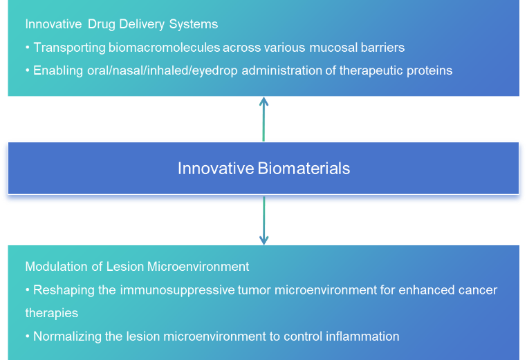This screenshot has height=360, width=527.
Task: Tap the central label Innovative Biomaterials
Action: coord(263,168)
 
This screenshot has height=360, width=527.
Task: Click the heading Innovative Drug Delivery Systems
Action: coord(122,24)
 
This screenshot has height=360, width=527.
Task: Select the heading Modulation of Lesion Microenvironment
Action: coord(137,266)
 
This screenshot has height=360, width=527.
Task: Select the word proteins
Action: coord(430,70)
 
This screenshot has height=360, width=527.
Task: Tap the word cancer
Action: coord(479,290)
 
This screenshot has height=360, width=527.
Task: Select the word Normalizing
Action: coord(67,337)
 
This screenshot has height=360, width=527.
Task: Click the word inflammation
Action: coord(366,337)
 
